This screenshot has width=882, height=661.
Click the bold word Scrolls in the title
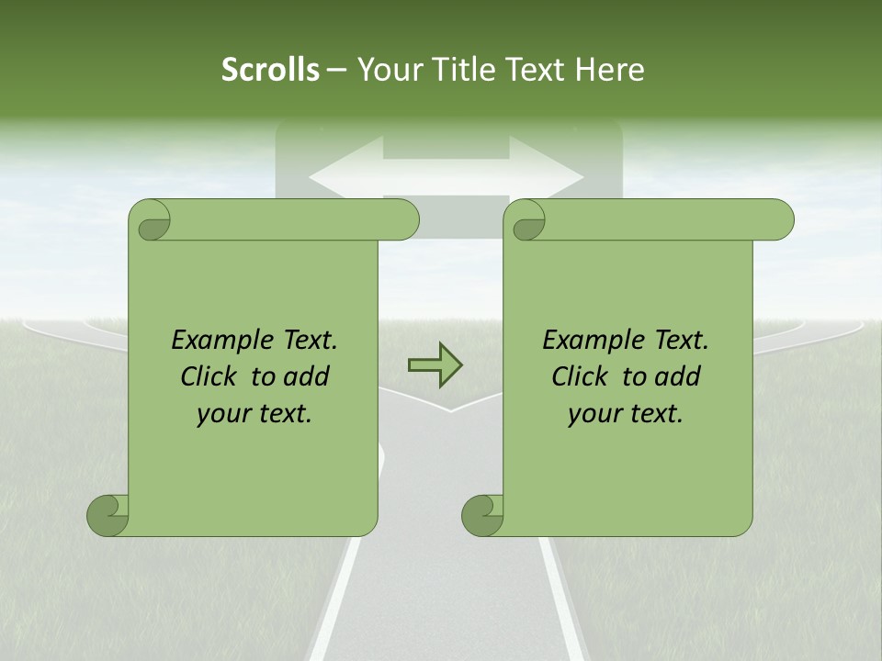270,70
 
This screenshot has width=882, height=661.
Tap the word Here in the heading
608,70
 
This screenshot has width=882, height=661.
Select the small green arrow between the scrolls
435,365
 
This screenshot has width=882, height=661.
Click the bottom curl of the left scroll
108,515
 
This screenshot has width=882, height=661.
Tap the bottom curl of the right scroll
482,515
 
